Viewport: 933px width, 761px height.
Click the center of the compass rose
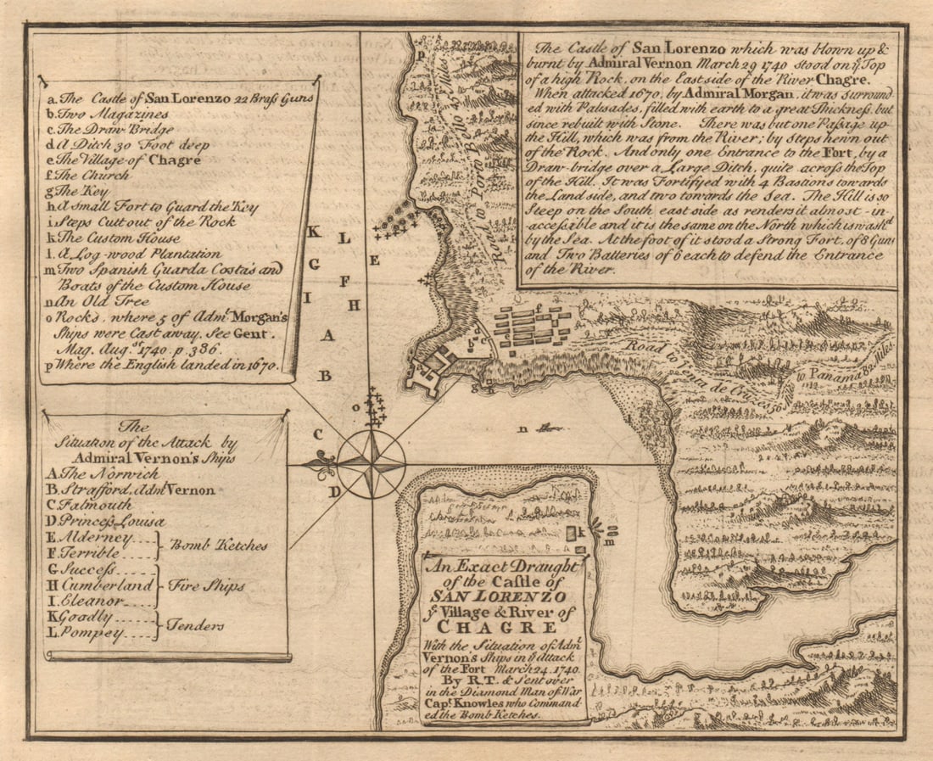[x=371, y=464]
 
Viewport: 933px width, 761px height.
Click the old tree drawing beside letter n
[x=550, y=428]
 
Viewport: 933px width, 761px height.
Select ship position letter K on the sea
[x=313, y=232]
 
